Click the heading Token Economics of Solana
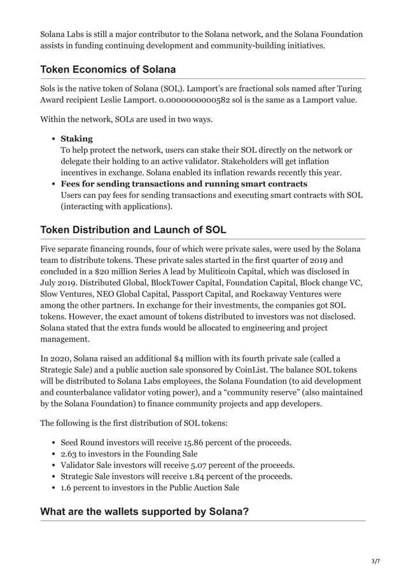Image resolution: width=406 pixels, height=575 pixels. (x=108, y=69)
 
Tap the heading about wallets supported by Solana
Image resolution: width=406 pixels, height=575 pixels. (x=144, y=511)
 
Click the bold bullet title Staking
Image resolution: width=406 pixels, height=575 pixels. (x=76, y=138)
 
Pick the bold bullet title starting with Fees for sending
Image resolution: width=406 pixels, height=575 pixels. (x=184, y=184)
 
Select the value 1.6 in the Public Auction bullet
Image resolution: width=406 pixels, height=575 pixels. (x=66, y=487)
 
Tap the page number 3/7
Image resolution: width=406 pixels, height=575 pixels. (x=375, y=561)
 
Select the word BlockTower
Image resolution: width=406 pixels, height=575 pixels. (x=161, y=282)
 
